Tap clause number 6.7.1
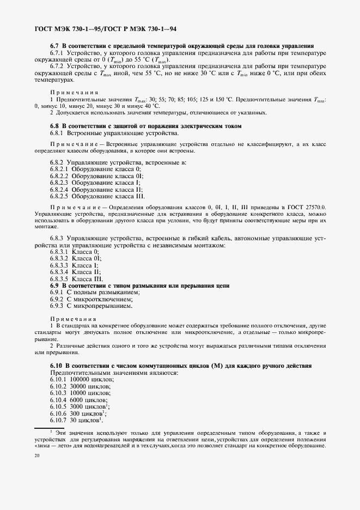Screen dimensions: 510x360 coord(57,53)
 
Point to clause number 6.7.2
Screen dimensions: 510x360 coord(57,66)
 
